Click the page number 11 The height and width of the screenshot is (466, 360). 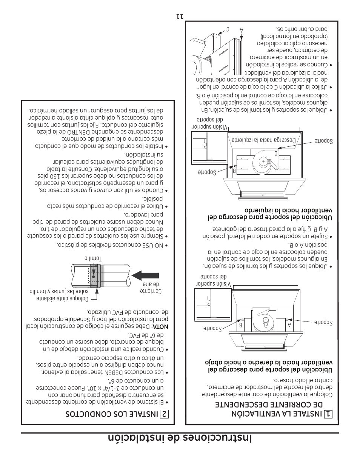pos(180,17)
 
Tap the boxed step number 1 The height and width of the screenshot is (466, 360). pos(328,414)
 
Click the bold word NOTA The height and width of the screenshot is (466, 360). pos(160,326)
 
